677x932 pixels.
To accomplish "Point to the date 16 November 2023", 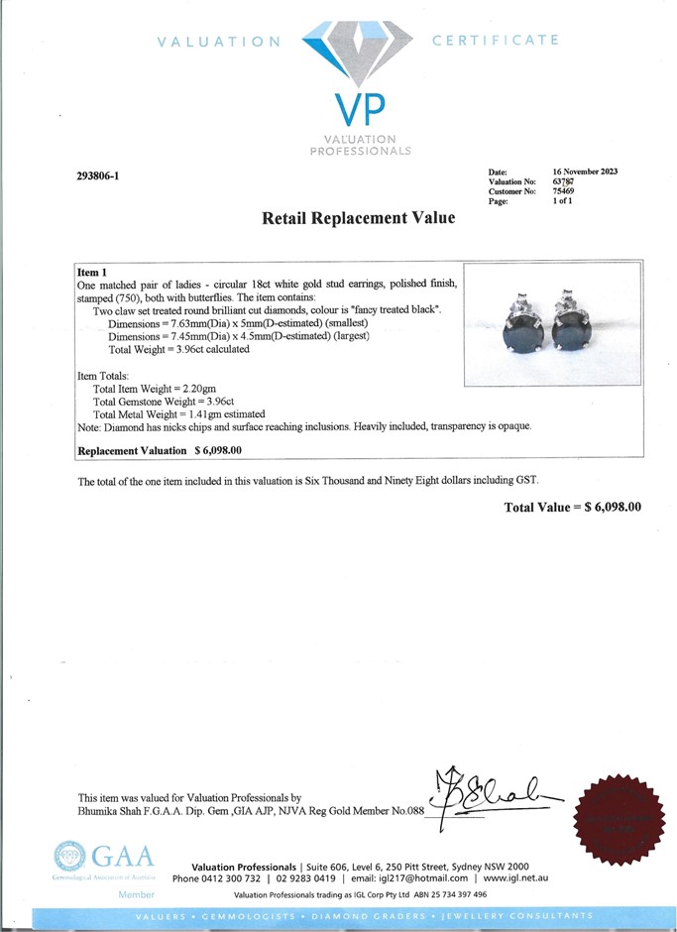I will [585, 172].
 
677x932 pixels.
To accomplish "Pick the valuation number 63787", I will [565, 181].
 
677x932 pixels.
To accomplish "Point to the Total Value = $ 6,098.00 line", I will [572, 507].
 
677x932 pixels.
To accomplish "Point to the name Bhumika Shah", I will [108, 811].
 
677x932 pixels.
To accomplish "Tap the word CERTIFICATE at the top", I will [496, 41].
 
